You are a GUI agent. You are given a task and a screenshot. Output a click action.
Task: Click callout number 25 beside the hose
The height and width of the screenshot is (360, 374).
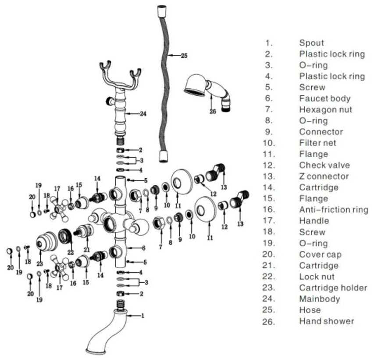point(184,56)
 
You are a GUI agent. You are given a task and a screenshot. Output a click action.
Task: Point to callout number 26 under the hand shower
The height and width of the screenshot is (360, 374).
point(213,112)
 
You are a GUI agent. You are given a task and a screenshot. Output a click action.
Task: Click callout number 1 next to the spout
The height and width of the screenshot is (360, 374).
point(142,315)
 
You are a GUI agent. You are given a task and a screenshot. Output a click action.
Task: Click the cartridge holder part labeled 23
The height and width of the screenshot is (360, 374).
point(46,241)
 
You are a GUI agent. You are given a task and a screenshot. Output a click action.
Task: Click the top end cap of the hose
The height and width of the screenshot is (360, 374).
point(162,10)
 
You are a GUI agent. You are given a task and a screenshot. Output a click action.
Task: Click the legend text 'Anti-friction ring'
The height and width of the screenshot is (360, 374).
point(333,210)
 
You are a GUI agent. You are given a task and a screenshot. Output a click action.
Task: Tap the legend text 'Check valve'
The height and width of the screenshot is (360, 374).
point(324,166)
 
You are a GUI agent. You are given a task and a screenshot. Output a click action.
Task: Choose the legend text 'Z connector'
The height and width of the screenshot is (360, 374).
point(324,176)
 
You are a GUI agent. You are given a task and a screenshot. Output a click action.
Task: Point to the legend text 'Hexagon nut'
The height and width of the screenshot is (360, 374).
point(325,110)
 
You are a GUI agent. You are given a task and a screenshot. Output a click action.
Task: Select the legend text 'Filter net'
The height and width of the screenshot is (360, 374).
point(318,143)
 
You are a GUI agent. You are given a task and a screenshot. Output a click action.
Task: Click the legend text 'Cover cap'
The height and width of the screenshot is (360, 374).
point(320,255)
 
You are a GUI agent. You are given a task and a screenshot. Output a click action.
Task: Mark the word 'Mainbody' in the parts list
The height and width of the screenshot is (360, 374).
point(319,299)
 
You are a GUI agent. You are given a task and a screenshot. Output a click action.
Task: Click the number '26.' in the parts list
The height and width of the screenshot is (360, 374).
point(268,321)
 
